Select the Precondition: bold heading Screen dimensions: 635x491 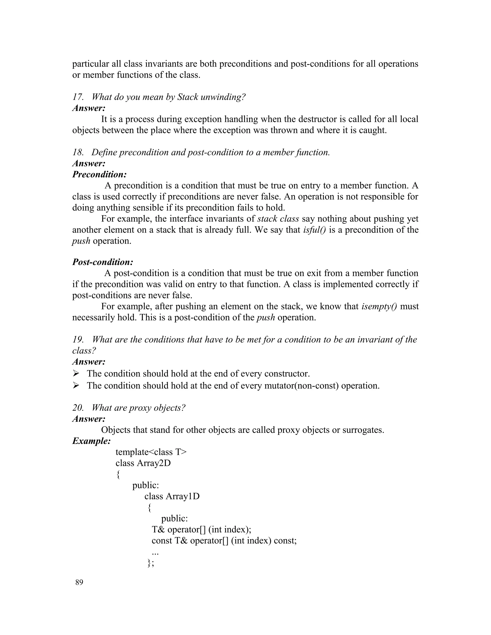(99, 174)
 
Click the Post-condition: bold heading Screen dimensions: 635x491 (103, 262)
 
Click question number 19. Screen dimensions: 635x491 (78, 340)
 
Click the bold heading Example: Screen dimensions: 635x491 (91, 441)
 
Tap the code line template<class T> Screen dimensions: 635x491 (151, 452)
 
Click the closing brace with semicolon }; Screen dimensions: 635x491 (150, 563)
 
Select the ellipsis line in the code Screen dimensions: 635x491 (155, 552)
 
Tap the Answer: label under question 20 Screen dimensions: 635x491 (89, 419)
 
